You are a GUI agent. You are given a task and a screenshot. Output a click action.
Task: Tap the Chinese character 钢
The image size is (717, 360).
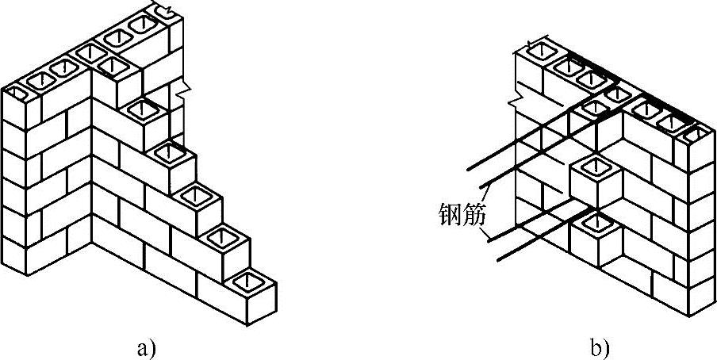click(x=449, y=213)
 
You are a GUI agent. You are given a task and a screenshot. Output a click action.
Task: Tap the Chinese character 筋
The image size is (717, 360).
click(x=473, y=213)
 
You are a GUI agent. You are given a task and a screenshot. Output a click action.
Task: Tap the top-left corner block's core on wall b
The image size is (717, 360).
click(x=539, y=52)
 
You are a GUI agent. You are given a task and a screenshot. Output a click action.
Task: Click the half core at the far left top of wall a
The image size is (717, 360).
click(x=15, y=94)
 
